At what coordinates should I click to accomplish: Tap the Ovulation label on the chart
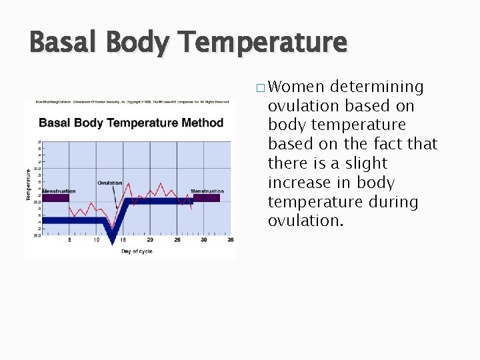[x=110, y=183]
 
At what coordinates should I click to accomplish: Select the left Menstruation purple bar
[x=55, y=198]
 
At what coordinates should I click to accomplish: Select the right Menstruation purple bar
[x=207, y=198]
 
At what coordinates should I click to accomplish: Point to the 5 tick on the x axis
[x=69, y=240]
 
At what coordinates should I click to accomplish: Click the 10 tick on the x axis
[x=96, y=240]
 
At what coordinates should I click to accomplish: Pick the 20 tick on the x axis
[x=149, y=240]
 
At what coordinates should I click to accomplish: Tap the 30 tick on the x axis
[x=203, y=240]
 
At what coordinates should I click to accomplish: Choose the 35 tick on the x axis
[x=230, y=240]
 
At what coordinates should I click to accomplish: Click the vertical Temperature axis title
[x=29, y=184]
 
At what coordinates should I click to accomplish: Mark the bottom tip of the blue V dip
[x=113, y=241]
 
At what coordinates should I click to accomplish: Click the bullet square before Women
[x=259, y=88]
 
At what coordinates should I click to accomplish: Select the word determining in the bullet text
[x=377, y=87]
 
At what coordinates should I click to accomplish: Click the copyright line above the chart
[x=130, y=102]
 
